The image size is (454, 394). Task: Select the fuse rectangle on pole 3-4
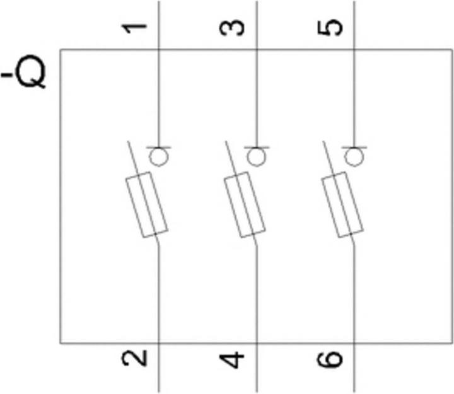[x=245, y=204]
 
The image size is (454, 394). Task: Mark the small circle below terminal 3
[x=255, y=156]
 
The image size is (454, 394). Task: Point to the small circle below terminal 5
[x=354, y=156]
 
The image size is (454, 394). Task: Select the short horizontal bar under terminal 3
[x=255, y=146]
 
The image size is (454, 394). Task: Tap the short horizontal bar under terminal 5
[x=354, y=146]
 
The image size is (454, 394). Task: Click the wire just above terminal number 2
[x=158, y=303]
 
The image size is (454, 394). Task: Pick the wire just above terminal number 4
[x=255, y=303]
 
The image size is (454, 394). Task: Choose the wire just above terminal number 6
[x=354, y=303]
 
